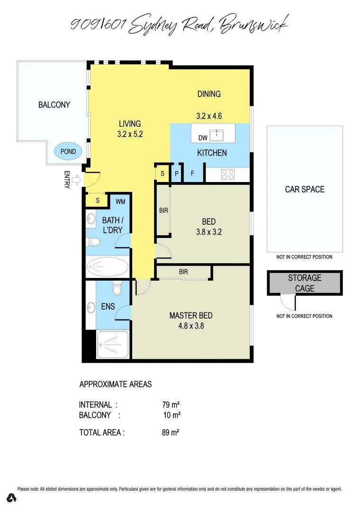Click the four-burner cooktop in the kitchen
click(x=227, y=174)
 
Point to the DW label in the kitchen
click(x=202, y=138)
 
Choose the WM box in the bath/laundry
click(x=120, y=201)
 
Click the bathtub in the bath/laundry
click(x=108, y=267)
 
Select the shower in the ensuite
click(x=113, y=344)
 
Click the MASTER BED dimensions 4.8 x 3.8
click(x=191, y=326)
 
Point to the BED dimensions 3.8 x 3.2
click(x=208, y=232)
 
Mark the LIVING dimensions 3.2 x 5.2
click(x=130, y=134)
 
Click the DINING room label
click(x=209, y=94)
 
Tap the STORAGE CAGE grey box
click(x=304, y=283)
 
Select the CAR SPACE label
click(x=305, y=189)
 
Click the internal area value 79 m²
click(x=171, y=405)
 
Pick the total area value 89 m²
click(x=171, y=432)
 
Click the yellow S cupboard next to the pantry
click(x=162, y=174)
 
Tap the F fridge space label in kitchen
click(x=192, y=174)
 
